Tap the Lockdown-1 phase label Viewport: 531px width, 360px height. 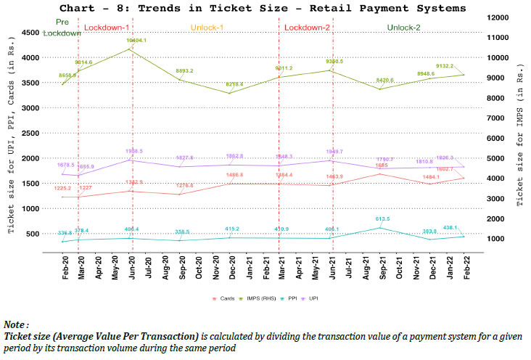(106, 28)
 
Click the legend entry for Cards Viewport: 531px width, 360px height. (223, 298)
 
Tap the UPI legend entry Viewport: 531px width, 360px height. (312, 298)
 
